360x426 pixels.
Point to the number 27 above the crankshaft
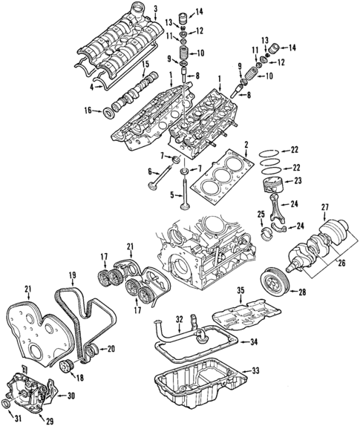(x=324, y=207)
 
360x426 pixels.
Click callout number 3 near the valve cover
(x=155, y=8)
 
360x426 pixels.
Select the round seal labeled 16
(x=109, y=112)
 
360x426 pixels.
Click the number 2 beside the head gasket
(x=246, y=145)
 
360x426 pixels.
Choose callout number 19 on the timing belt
(x=73, y=277)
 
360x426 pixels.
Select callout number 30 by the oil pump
(x=72, y=396)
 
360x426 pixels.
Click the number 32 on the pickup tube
(x=178, y=320)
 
